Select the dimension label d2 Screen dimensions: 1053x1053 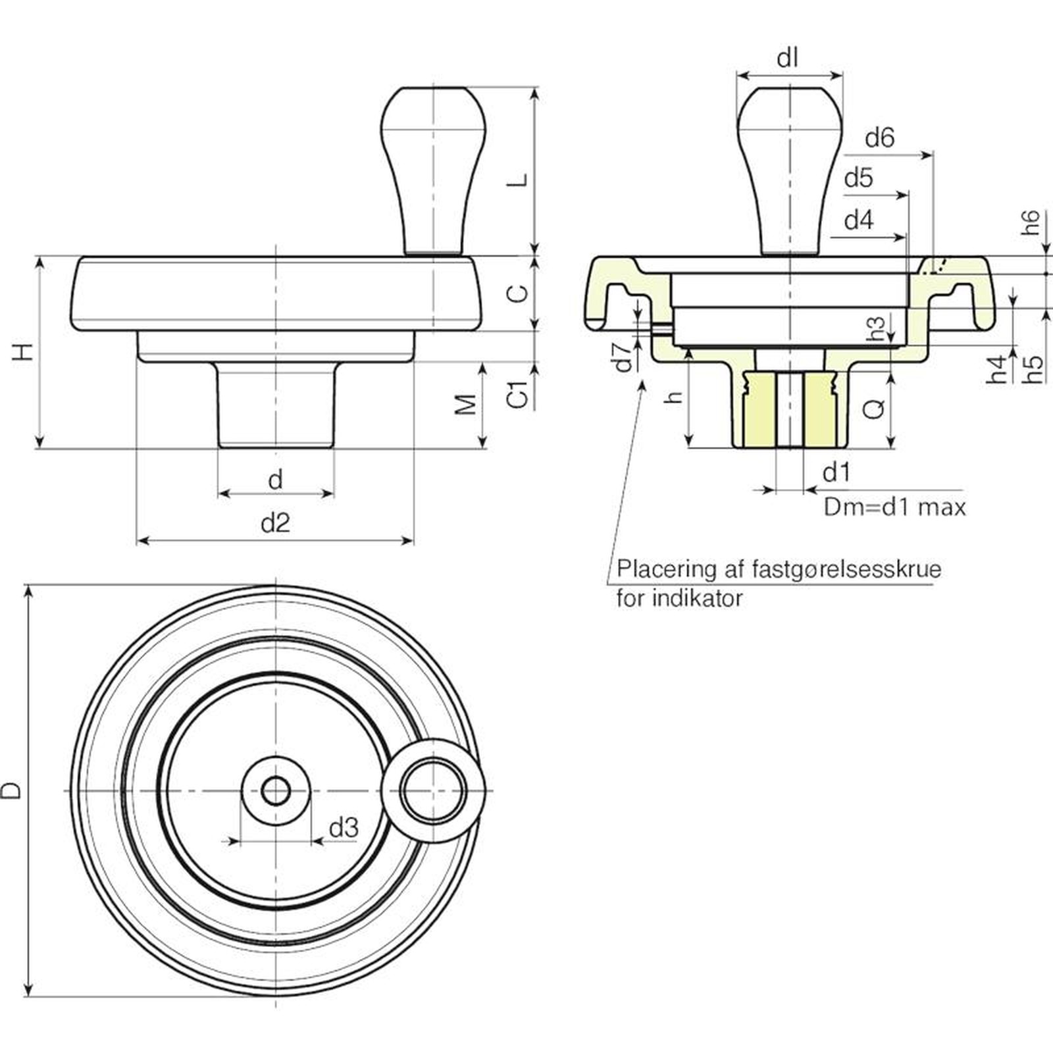pos(275,523)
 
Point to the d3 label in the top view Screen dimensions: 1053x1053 pos(344,827)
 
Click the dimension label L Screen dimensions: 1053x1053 pos(520,179)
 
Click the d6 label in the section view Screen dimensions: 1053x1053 pos(880,138)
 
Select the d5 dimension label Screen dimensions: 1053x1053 pos(859,178)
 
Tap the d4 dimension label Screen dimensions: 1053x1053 pos(859,220)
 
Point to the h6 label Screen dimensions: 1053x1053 pos(1031,222)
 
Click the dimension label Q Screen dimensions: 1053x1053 pos(874,409)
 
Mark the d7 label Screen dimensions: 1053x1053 pos(623,356)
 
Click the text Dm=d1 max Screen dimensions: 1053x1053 pos(895,507)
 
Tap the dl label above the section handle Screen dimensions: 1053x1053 pos(788,59)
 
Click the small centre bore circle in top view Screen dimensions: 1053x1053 pos(275,790)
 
